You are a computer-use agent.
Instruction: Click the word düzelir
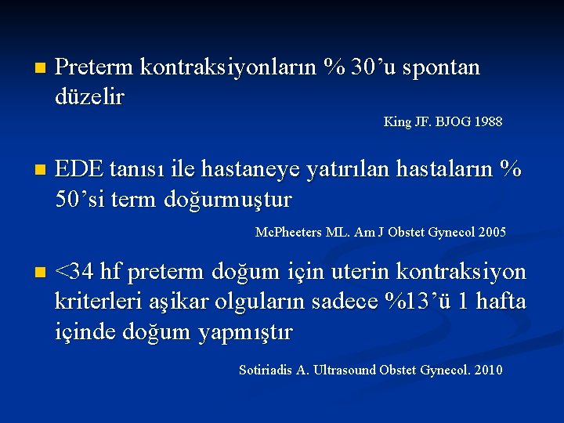[90, 97]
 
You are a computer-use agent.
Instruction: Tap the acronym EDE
[79, 169]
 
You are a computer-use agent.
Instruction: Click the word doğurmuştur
[228, 199]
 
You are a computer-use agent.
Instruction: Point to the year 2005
[490, 233]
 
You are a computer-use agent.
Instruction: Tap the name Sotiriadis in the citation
[266, 370]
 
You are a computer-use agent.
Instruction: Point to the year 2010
[486, 370]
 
